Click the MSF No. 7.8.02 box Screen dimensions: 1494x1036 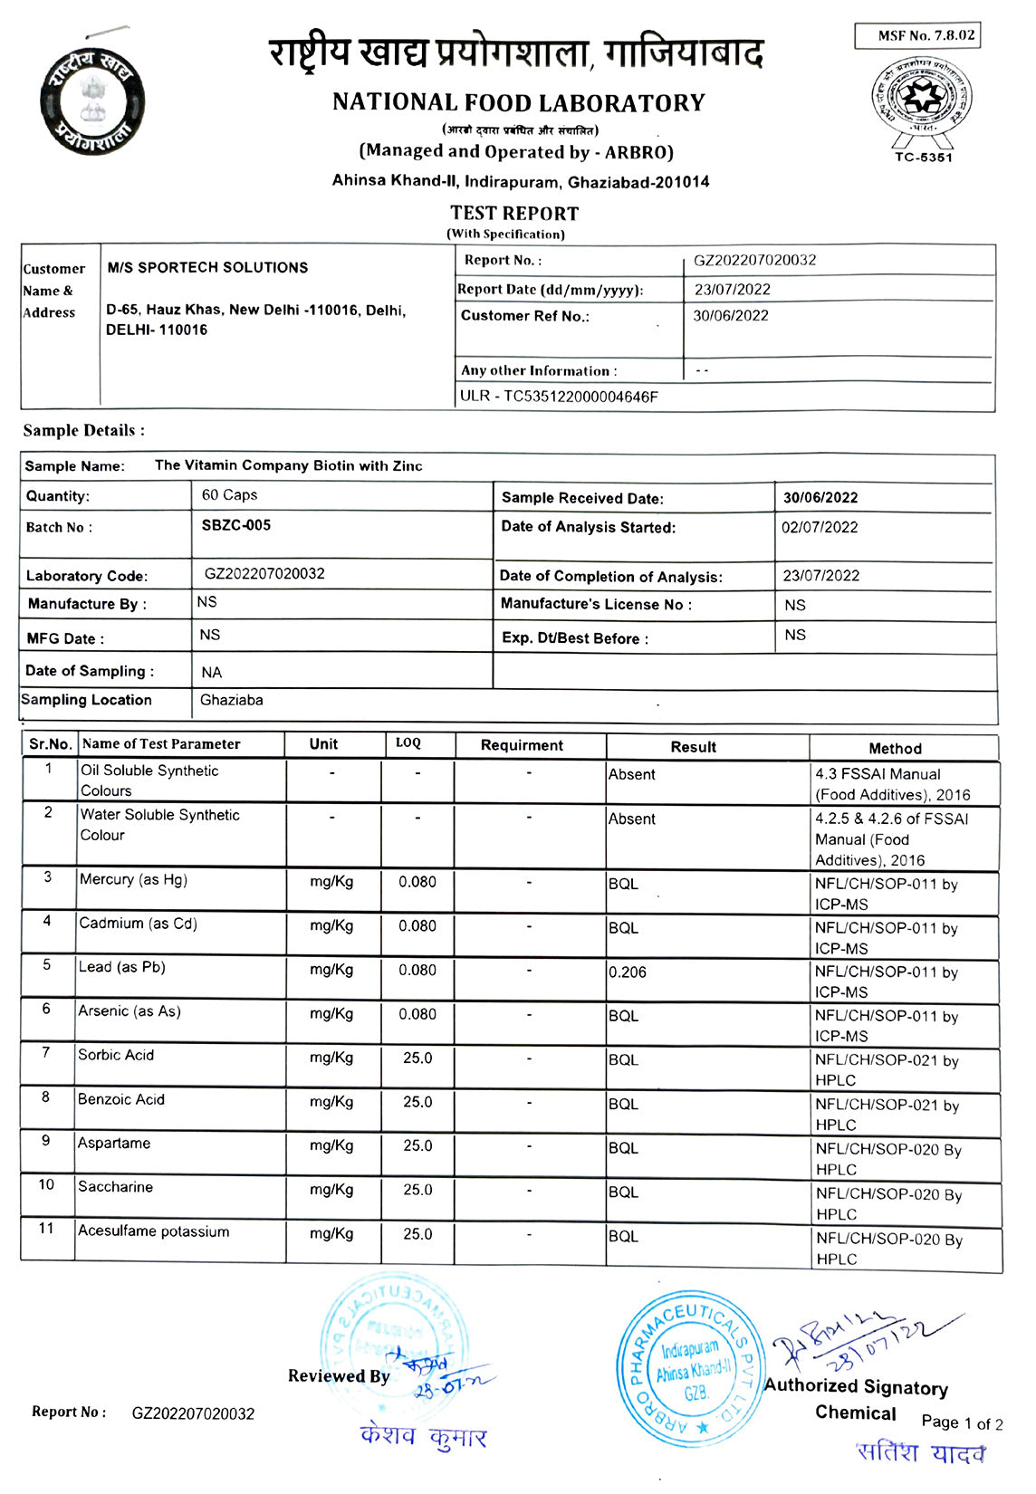[x=917, y=36]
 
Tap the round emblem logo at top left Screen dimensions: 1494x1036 [x=92, y=100]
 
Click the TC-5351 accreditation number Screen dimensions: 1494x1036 [x=923, y=157]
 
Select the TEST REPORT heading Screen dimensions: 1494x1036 [x=514, y=214]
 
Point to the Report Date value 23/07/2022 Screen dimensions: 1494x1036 [x=732, y=290]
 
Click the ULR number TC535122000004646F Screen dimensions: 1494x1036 [x=559, y=397]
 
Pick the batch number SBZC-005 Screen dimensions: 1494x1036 [x=236, y=525]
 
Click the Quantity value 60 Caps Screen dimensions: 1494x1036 [x=229, y=495]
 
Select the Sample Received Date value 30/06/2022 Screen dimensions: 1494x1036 [x=820, y=497]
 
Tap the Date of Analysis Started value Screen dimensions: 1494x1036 [x=819, y=527]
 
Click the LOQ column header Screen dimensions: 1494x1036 [x=408, y=743]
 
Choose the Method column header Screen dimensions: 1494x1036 [x=895, y=749]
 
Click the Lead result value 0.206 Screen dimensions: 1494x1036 [x=628, y=972]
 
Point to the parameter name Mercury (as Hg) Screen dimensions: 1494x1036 [x=133, y=879]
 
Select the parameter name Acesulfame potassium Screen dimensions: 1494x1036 [x=154, y=1231]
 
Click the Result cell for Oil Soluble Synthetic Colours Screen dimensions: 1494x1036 [x=632, y=775]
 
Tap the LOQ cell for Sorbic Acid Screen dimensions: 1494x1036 [x=417, y=1058]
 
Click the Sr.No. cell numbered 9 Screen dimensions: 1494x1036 [x=46, y=1141]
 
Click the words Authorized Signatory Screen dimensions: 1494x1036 [x=856, y=1387]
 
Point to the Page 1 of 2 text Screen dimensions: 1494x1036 [x=962, y=1422]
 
